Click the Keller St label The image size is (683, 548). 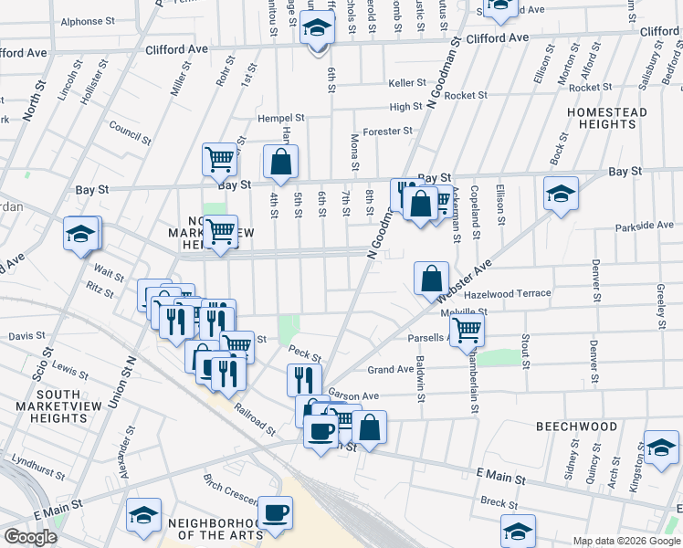[x=407, y=82]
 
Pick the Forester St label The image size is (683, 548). [x=387, y=131]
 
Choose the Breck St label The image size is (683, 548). [x=499, y=502]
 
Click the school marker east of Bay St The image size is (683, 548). [x=561, y=193]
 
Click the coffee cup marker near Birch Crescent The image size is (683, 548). [x=275, y=513]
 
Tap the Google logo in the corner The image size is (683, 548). [x=30, y=537]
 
